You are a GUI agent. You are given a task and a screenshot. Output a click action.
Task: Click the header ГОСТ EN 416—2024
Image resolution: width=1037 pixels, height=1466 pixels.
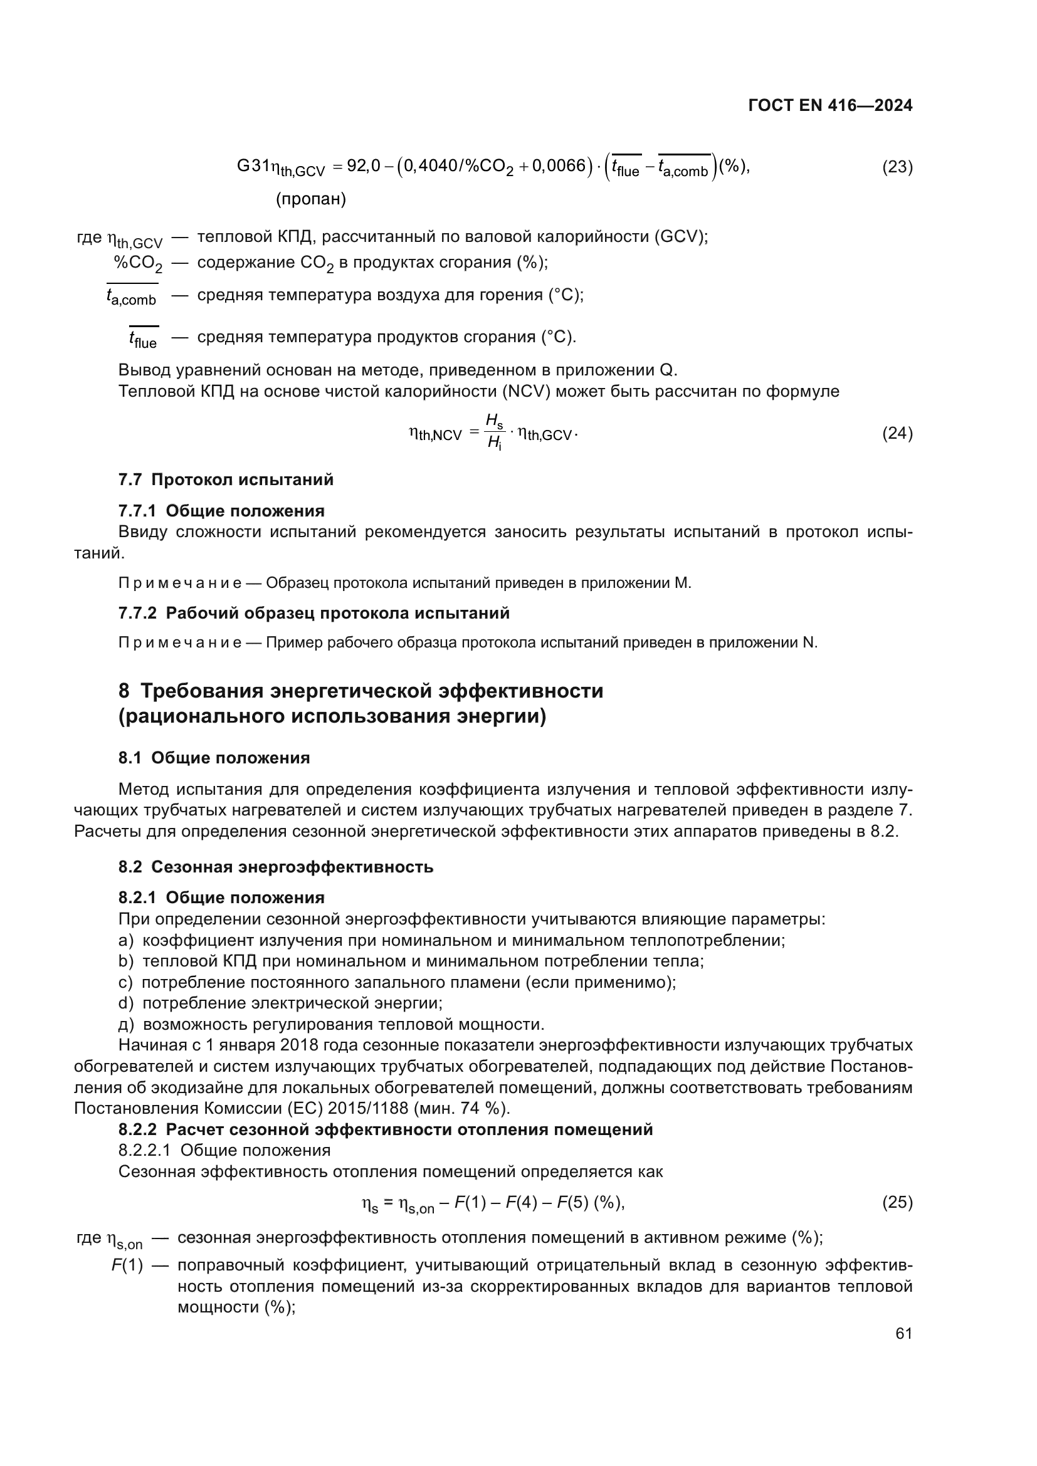829,105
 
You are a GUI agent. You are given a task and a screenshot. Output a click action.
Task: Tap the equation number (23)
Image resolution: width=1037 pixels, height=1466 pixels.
897,167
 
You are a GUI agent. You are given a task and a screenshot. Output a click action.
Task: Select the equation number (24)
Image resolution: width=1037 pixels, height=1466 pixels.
897,434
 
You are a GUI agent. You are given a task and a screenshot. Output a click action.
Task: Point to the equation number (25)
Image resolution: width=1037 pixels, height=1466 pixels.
897,1202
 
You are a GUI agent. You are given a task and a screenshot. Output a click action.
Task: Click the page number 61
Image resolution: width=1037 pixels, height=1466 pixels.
903,1333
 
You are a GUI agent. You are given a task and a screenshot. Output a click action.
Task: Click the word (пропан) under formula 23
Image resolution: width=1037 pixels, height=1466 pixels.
311,199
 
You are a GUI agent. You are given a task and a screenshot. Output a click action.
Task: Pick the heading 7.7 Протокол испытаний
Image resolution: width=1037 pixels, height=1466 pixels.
226,479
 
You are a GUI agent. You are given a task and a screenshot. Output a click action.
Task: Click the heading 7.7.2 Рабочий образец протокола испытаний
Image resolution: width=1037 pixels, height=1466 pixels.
313,613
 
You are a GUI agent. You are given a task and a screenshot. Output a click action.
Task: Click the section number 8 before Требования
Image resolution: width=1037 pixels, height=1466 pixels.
124,691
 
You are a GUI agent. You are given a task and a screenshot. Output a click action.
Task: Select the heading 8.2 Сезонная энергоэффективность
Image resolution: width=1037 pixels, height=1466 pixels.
275,867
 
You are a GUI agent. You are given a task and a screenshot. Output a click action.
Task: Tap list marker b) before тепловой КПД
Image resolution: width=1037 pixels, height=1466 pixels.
126,961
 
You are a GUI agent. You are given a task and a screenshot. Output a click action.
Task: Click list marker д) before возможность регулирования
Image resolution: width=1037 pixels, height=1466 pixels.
126,1024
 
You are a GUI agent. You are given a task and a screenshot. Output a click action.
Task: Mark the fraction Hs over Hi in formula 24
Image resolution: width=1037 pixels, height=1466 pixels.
494,432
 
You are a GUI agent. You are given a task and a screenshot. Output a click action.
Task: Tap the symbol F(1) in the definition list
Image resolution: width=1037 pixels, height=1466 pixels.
127,1265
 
